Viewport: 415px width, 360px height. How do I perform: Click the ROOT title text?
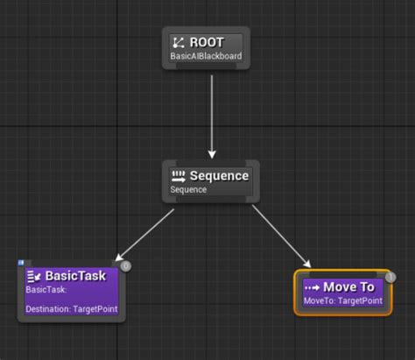click(207, 42)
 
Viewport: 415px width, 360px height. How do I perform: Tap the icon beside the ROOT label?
click(178, 42)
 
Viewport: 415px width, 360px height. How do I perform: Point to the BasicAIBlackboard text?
click(206, 58)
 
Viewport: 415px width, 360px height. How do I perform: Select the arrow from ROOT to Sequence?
click(212, 114)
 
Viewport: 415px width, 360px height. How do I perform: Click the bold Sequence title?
click(219, 175)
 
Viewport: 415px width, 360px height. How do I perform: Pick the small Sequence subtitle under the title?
click(187, 190)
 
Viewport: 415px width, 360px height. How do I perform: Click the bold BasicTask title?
click(75, 276)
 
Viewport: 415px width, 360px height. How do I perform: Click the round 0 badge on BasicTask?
click(125, 265)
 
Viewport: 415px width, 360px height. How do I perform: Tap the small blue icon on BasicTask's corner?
click(21, 262)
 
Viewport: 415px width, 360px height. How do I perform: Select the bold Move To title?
click(348, 286)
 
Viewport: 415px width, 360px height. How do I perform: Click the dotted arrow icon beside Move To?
click(312, 287)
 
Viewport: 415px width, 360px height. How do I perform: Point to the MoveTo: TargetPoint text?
click(342, 301)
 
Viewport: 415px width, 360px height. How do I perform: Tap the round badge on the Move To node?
click(390, 277)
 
